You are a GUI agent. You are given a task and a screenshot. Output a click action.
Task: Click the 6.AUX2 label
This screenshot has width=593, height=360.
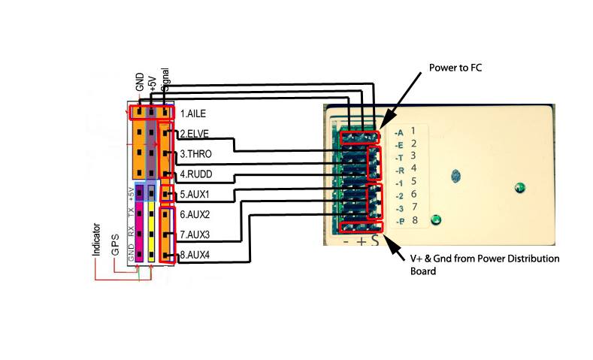click(196, 215)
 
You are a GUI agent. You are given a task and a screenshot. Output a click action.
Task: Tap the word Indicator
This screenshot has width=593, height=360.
click(97, 239)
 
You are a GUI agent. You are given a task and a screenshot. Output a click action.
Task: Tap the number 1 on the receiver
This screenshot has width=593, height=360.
click(413, 131)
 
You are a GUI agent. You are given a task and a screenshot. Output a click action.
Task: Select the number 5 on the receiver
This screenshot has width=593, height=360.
click(413, 181)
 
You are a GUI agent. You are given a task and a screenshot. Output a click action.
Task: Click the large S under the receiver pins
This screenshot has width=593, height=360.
click(375, 241)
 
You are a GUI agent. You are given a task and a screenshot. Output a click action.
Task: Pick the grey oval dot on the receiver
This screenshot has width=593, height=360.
click(454, 177)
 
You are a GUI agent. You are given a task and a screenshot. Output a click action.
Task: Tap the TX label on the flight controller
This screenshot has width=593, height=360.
click(131, 212)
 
